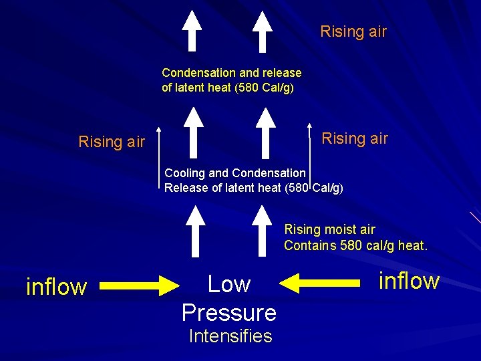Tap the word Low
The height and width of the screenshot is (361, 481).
[x=228, y=284]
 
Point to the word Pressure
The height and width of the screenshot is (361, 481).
[x=229, y=312]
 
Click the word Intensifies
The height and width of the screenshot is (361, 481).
[x=230, y=336]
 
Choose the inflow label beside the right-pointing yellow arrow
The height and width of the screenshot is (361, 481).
[x=56, y=287]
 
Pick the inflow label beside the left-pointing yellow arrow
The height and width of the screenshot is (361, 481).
[x=409, y=281]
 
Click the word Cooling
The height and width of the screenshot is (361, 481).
[x=185, y=173]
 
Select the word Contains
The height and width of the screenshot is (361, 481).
[x=310, y=245]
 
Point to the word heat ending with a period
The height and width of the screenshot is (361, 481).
[x=412, y=245]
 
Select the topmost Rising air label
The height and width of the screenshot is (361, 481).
[x=353, y=31]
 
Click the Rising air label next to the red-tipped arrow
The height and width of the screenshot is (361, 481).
[x=355, y=138]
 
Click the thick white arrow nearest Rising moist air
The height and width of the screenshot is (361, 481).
[x=265, y=231]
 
